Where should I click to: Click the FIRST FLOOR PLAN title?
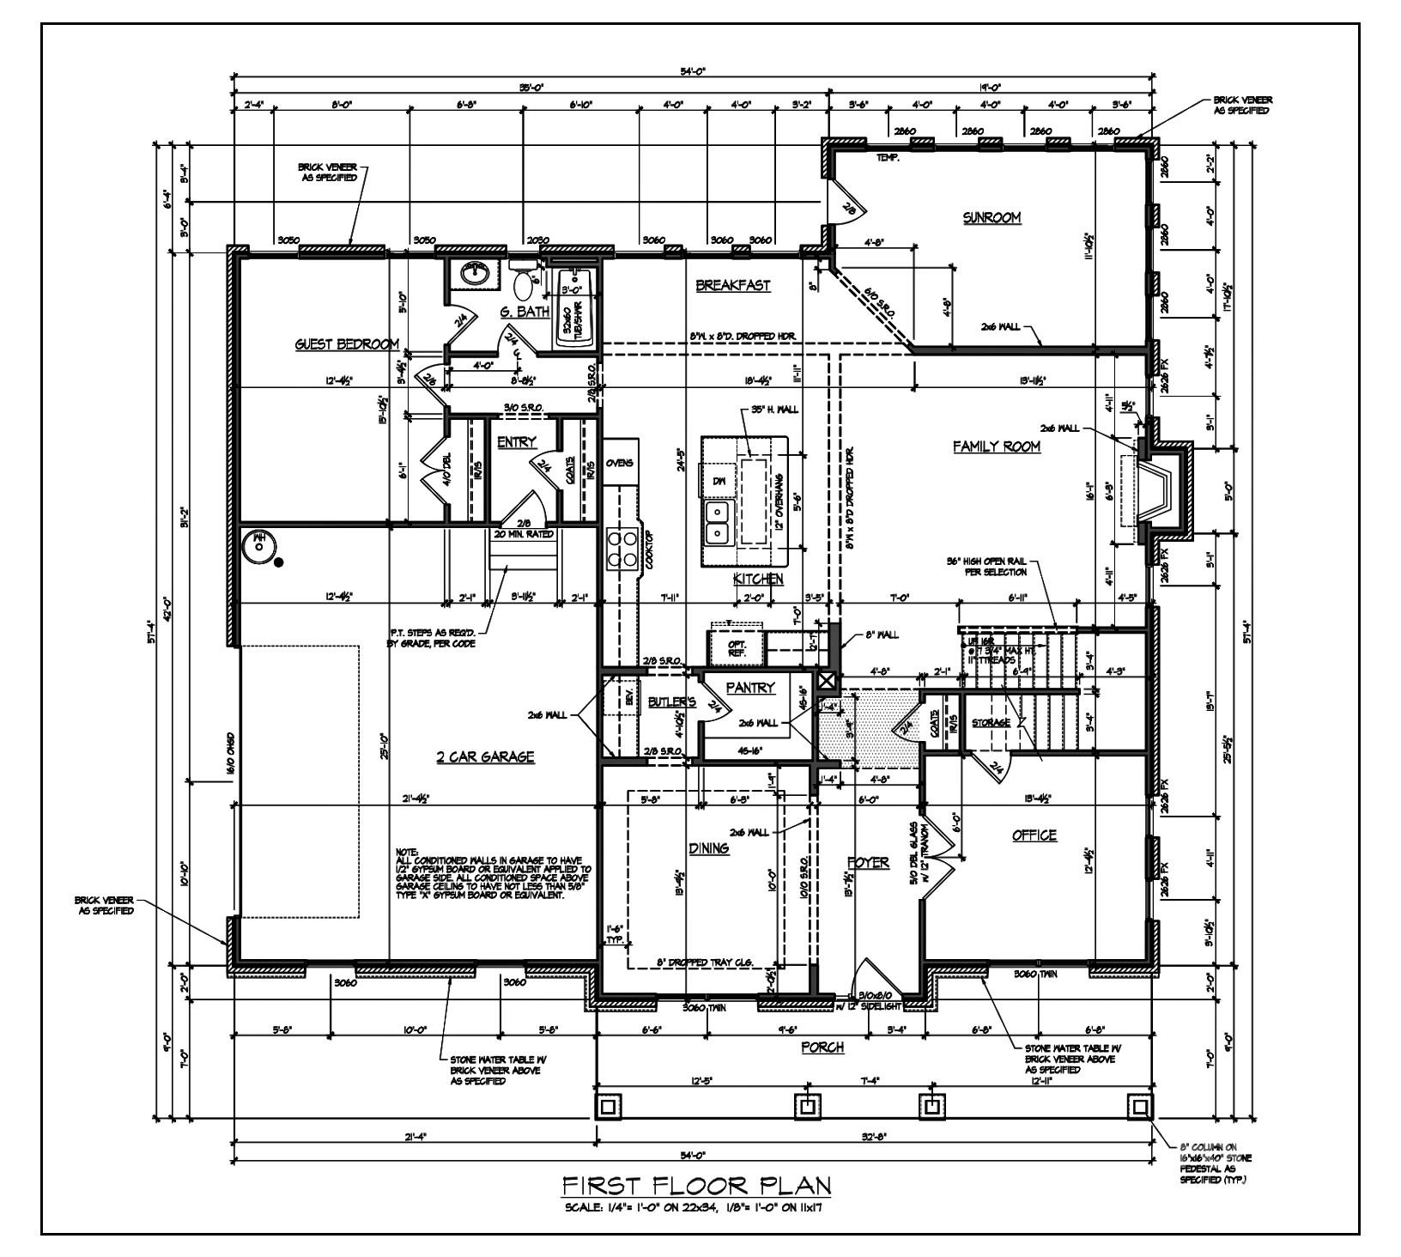[696, 1186]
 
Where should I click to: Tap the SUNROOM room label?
[992, 218]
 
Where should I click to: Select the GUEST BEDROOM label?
[347, 345]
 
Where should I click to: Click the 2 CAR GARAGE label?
[485, 756]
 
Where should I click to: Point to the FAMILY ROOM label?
[997, 446]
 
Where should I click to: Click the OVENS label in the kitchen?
[619, 463]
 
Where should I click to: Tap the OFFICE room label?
[1034, 835]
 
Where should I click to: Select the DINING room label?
[708, 848]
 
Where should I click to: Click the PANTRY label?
[750, 688]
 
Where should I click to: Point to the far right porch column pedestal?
[1140, 1107]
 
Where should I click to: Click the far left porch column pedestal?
[608, 1107]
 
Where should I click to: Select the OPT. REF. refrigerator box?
[737, 648]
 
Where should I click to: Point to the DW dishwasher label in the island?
[719, 482]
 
